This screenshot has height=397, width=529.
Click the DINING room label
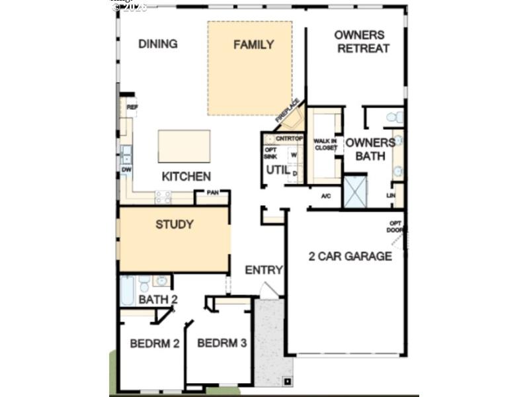tap(157, 44)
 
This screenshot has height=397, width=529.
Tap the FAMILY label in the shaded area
tap(253, 45)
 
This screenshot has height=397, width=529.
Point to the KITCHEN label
tap(186, 177)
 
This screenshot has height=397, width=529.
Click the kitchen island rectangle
tap(184, 146)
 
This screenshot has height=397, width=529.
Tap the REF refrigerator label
tap(132, 107)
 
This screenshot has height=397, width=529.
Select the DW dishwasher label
tap(126, 170)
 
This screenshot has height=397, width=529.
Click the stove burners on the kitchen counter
tap(163, 197)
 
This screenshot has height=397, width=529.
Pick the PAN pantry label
tap(212, 193)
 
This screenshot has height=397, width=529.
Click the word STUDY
tap(175, 225)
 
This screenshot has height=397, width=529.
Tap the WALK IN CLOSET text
tap(325, 144)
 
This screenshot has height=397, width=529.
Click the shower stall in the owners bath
tap(355, 191)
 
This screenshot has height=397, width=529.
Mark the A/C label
tap(326, 197)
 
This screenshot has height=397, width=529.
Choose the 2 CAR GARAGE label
tap(350, 256)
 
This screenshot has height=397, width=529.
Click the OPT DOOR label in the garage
tap(395, 226)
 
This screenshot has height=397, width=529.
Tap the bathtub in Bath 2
tap(127, 291)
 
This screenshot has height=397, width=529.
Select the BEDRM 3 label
tap(222, 343)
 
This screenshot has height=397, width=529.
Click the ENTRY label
tap(263, 270)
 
